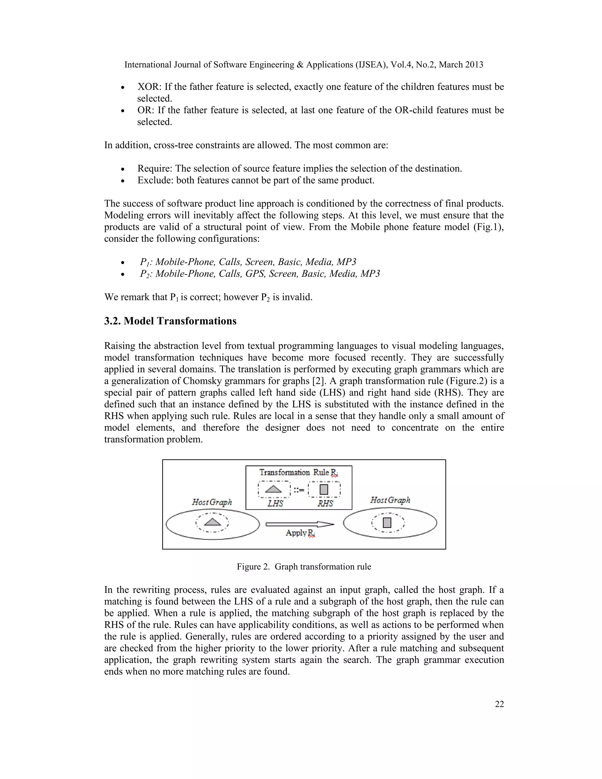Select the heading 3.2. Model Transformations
pyautogui.click(x=170, y=321)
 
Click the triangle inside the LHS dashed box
pyautogui.click(x=274, y=489)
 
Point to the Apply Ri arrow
pyautogui.click(x=300, y=524)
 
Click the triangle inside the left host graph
pyautogui.click(x=213, y=522)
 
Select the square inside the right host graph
pyautogui.click(x=387, y=523)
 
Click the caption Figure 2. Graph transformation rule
pyautogui.click(x=304, y=566)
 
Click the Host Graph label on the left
pyautogui.click(x=212, y=502)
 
